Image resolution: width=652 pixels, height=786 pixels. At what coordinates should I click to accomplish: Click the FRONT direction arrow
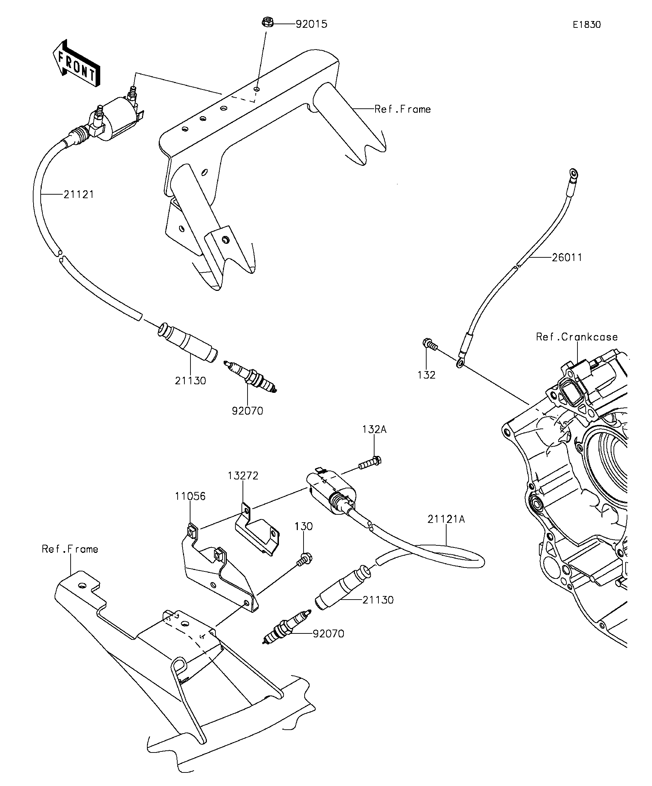pyautogui.click(x=77, y=63)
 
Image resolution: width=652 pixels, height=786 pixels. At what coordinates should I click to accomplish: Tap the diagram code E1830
pyautogui.click(x=587, y=25)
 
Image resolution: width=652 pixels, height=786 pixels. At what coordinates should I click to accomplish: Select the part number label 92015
pyautogui.click(x=311, y=24)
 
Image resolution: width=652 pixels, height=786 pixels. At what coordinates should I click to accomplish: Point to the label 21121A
pyautogui.click(x=446, y=519)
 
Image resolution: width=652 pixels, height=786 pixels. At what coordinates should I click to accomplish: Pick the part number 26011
pyautogui.click(x=567, y=257)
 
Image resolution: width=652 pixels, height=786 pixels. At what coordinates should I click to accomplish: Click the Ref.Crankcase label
pyautogui.click(x=577, y=337)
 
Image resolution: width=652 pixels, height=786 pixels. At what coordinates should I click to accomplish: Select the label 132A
pyautogui.click(x=374, y=429)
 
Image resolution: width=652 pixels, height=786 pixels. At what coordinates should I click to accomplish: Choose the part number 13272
pyautogui.click(x=243, y=476)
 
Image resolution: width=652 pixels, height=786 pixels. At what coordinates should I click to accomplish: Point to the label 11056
pyautogui.click(x=190, y=496)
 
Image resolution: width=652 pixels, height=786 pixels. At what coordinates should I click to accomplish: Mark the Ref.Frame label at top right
pyautogui.click(x=403, y=109)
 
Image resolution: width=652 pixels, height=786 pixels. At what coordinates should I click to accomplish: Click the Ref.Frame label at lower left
pyautogui.click(x=70, y=549)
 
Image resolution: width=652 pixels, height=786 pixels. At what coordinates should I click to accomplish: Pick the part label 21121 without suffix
pyautogui.click(x=78, y=194)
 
